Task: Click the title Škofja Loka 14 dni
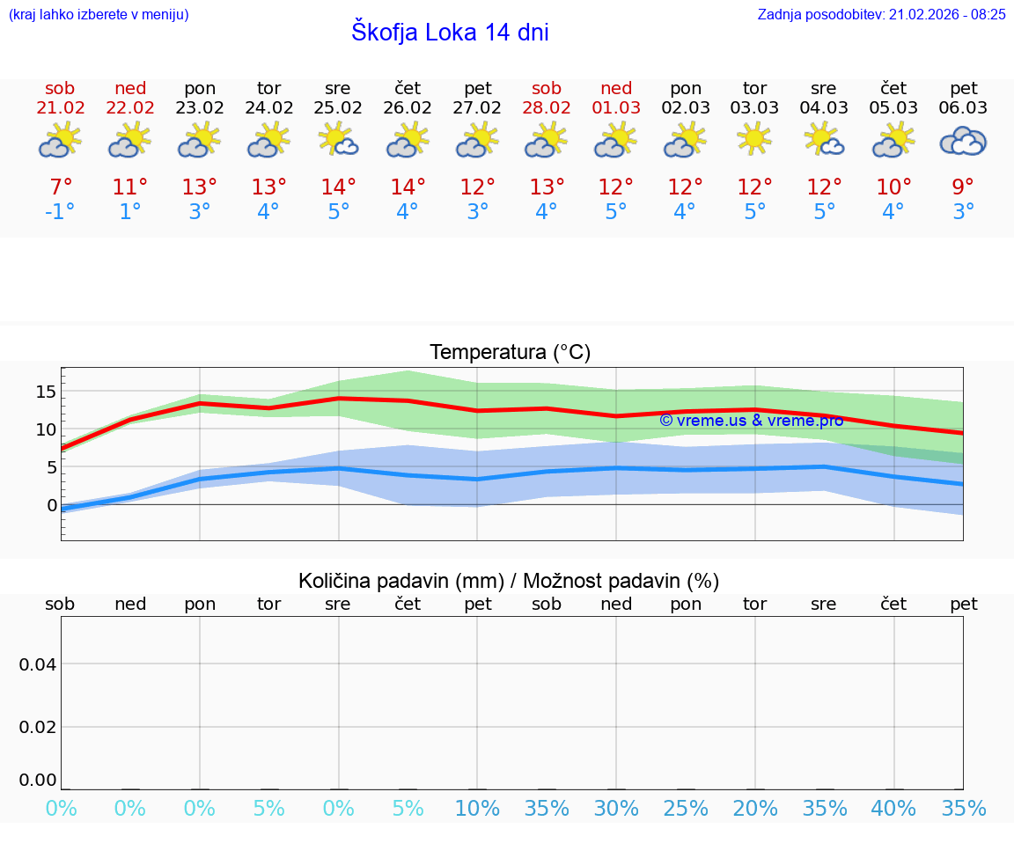pyautogui.click(x=450, y=33)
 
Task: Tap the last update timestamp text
pyautogui.click(x=881, y=15)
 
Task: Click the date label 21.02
pyautogui.click(x=61, y=108)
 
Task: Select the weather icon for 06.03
pyautogui.click(x=963, y=142)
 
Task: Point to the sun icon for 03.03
pyautogui.click(x=754, y=139)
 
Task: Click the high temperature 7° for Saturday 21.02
pyautogui.click(x=61, y=187)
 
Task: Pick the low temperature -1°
pyautogui.click(x=60, y=212)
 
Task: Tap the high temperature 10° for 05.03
pyautogui.click(x=893, y=187)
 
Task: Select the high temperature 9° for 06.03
pyautogui.click(x=963, y=187)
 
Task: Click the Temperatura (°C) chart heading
pyautogui.click(x=510, y=353)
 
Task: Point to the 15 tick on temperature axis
pyautogui.click(x=46, y=392)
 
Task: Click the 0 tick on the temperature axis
pyautogui.click(x=52, y=505)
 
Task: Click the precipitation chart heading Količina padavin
pyautogui.click(x=509, y=581)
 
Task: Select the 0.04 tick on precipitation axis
pyautogui.click(x=38, y=664)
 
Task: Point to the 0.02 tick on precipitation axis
pyautogui.click(x=38, y=727)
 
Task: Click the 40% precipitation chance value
pyautogui.click(x=893, y=809)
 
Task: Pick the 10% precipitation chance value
pyautogui.click(x=477, y=809)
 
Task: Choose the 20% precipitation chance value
pyautogui.click(x=754, y=809)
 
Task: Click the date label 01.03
pyautogui.click(x=616, y=108)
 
